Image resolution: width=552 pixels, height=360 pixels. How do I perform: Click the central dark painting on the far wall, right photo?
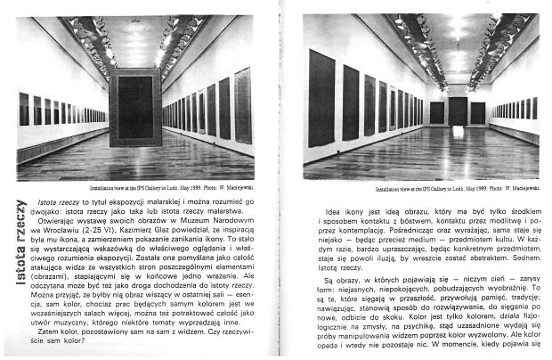click(x=458, y=111)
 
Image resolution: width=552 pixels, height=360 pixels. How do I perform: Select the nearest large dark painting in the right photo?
click(x=321, y=98)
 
